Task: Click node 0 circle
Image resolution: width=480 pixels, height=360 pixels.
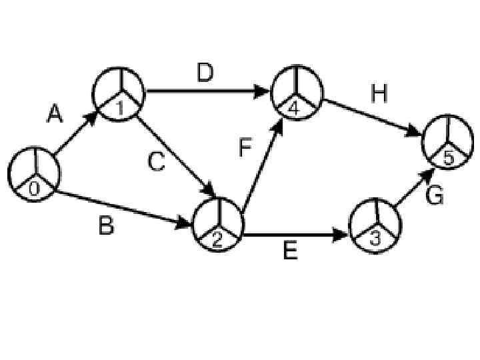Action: coord(33,173)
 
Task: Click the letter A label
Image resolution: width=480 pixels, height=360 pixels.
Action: coord(55,116)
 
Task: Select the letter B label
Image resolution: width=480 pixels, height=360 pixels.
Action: coord(106,226)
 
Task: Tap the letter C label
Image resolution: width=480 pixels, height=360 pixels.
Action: coord(156,161)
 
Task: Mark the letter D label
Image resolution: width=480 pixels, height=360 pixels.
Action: coord(206,73)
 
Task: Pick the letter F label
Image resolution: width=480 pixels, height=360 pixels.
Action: coord(245,147)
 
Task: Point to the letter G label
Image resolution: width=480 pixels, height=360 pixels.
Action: coord(434,196)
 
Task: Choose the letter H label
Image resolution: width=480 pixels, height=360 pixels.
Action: coord(379,95)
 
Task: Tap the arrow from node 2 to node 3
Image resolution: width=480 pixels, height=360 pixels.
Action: coord(296,235)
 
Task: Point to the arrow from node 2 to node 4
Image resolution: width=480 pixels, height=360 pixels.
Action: coord(263,161)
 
